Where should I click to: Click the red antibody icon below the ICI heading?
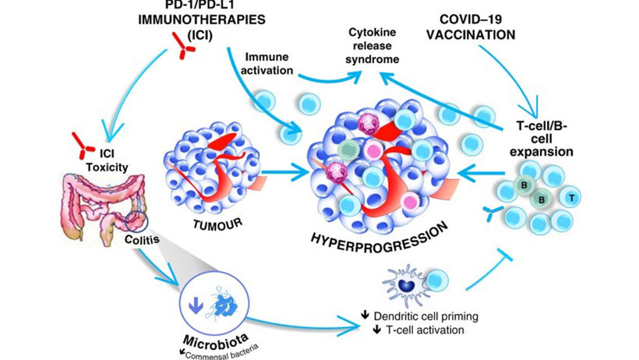[183, 51]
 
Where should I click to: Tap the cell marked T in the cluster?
[572, 199]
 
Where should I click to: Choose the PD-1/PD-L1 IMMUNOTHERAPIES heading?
[184, 16]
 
